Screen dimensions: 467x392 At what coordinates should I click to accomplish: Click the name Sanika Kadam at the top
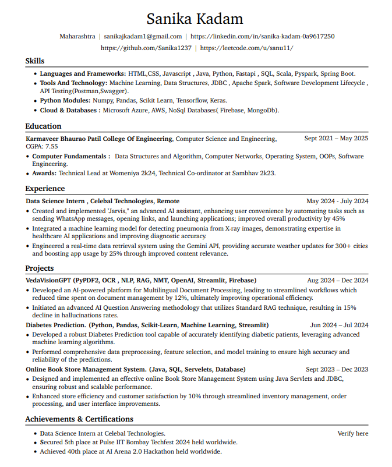pos(195,19)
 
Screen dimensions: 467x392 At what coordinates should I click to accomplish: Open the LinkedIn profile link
pos(263,36)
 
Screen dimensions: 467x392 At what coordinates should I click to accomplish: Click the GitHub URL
pos(146,48)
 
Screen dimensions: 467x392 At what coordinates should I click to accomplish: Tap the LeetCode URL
pos(247,48)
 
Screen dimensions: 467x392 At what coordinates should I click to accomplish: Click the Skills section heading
pos(35,61)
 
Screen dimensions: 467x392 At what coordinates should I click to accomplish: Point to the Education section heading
pos(43,126)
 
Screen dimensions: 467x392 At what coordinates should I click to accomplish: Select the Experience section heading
pos(45,189)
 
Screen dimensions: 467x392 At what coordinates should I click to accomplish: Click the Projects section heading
pos(40,268)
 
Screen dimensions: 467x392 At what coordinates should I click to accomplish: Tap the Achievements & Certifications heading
pos(79,419)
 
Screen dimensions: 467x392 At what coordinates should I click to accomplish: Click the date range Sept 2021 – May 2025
pos(336,139)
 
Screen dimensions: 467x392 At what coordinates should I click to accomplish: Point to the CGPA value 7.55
pos(51,146)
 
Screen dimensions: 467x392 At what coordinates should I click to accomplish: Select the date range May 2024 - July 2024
pos(337,201)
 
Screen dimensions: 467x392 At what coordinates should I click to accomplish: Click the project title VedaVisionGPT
pos(48,281)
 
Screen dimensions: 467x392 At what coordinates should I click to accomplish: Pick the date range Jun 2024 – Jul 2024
pos(339,325)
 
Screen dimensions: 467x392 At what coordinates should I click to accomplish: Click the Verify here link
pos(353,433)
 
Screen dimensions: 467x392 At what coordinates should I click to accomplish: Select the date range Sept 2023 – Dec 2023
pos(337,369)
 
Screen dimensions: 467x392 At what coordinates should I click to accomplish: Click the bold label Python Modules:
pos(65,101)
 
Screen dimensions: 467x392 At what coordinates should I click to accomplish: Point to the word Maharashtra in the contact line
pos(77,36)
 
